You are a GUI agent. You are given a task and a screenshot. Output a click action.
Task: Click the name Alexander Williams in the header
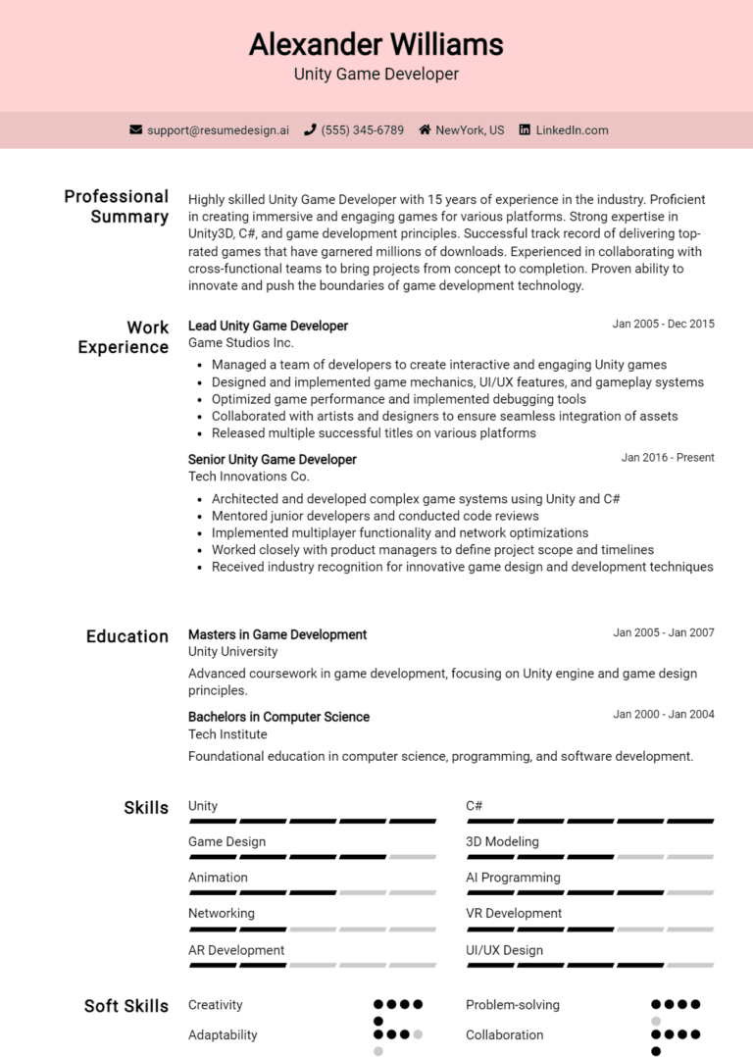[x=376, y=44]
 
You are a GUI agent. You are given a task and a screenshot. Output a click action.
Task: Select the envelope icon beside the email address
[x=136, y=129]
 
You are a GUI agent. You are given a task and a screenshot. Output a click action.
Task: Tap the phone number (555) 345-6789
[x=362, y=129]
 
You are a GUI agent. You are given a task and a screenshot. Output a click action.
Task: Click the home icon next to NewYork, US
[x=425, y=129]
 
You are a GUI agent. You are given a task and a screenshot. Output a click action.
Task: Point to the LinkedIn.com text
[x=572, y=129]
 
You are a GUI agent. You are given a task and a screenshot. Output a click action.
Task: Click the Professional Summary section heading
[x=116, y=206]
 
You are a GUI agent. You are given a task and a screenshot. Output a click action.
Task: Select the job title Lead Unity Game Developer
[x=268, y=326]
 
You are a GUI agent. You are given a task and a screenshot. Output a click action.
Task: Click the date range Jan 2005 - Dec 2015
[x=663, y=324]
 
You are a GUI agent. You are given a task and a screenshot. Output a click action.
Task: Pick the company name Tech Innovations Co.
[x=248, y=477]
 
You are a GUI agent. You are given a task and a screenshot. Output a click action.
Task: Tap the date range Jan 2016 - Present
[x=668, y=457]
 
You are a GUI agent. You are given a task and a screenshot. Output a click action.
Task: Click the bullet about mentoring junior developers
[x=375, y=516]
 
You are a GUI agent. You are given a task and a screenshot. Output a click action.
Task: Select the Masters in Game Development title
[x=277, y=634]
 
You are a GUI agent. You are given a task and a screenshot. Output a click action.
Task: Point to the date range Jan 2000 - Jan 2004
[x=664, y=714]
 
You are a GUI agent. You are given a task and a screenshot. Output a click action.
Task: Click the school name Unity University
[x=232, y=651]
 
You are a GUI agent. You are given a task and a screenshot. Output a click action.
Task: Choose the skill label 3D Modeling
[x=502, y=841]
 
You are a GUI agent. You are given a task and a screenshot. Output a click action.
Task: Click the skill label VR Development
[x=513, y=913]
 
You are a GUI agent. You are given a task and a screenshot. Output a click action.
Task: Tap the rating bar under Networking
[x=312, y=929]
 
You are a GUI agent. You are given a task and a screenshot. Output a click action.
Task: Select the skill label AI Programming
[x=513, y=878]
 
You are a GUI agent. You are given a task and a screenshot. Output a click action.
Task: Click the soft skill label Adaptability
[x=223, y=1034]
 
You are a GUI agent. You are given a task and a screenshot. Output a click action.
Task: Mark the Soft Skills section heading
[x=125, y=1005]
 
